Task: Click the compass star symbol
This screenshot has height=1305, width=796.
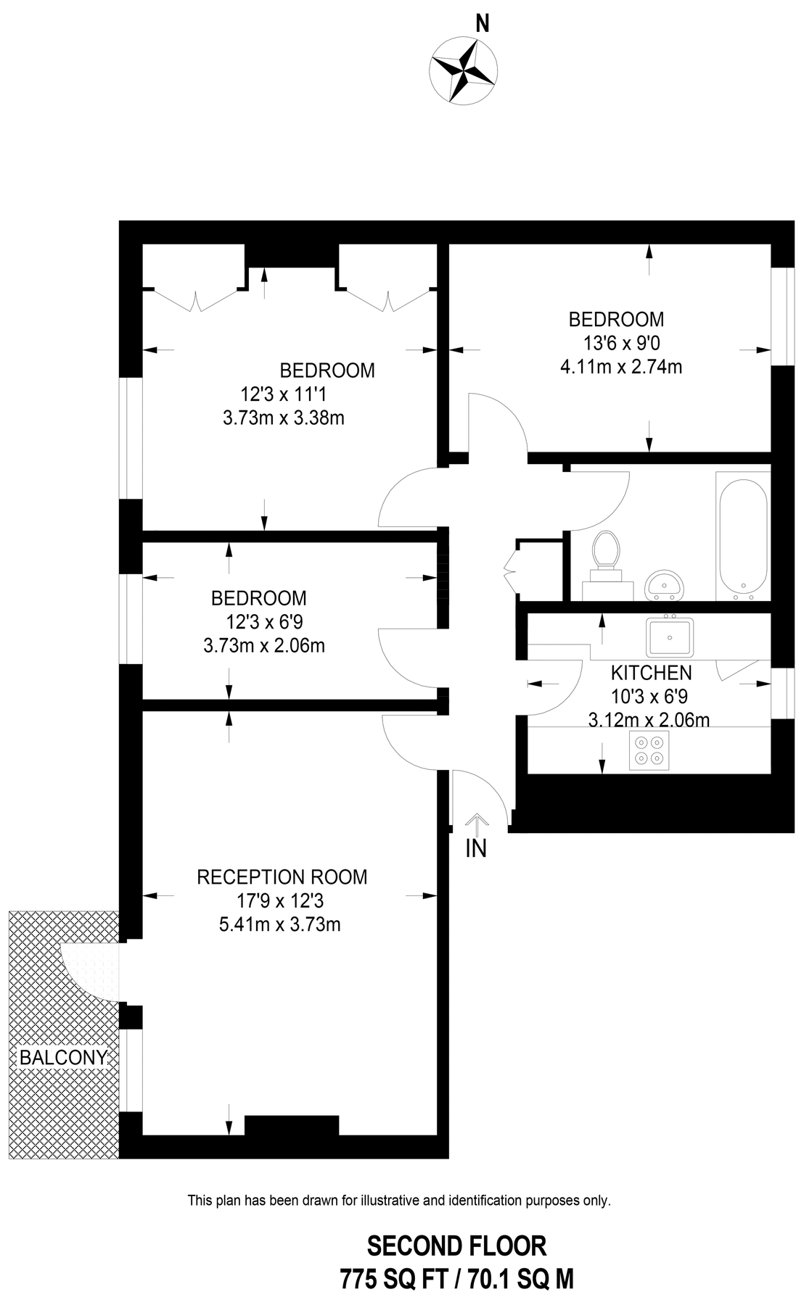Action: tap(463, 71)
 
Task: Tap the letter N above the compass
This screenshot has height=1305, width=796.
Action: tap(482, 24)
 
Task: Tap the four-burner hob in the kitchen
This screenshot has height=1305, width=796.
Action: tap(649, 750)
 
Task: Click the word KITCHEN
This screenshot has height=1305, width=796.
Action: tap(651, 672)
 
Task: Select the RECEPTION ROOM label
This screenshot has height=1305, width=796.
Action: tap(282, 877)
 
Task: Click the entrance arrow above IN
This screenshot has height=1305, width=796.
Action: tap(476, 824)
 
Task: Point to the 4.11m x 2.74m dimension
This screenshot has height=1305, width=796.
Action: tap(621, 367)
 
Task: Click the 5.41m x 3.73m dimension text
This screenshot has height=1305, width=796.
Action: tap(280, 924)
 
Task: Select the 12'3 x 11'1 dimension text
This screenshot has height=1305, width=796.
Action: tap(279, 394)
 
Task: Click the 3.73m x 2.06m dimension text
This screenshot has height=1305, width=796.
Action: tap(264, 645)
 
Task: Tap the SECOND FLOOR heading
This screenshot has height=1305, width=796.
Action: tap(456, 1246)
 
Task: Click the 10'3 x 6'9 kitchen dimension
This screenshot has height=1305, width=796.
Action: tap(650, 696)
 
